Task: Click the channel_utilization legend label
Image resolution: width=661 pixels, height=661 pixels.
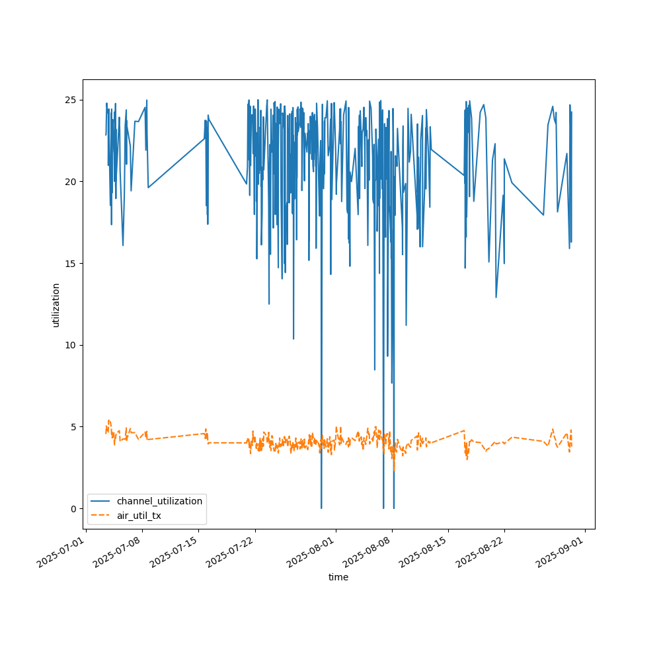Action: [159, 501]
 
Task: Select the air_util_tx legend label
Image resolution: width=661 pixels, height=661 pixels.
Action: [139, 516]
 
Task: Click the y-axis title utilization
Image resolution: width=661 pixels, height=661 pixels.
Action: [56, 305]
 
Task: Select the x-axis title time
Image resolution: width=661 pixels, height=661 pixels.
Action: [338, 577]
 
